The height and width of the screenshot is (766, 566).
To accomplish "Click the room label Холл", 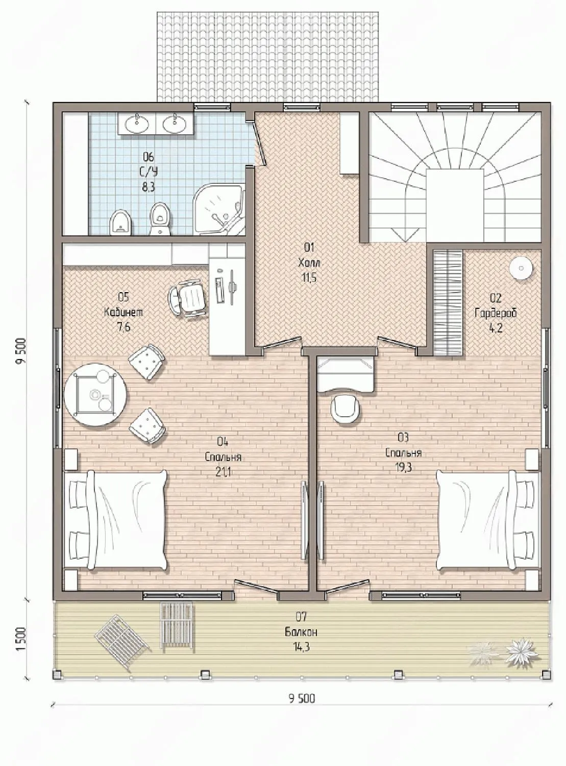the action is click(309, 263).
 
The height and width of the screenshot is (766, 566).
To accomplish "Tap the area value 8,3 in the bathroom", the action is click(149, 187).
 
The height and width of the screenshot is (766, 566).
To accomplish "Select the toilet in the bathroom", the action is click(160, 219).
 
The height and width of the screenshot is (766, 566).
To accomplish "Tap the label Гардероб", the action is click(496, 313).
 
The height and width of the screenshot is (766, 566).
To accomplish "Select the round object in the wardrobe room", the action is click(521, 268).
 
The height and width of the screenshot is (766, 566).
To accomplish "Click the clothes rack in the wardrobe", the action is click(448, 302).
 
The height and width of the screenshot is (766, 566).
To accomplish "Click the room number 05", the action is click(123, 297).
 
